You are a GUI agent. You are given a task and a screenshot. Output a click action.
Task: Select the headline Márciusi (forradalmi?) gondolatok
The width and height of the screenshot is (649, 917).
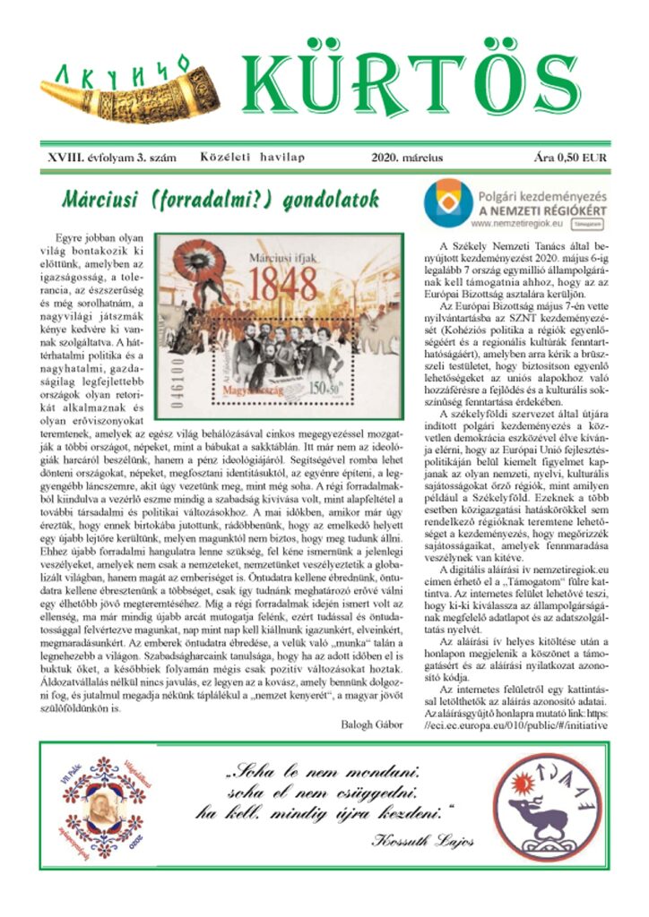(x=221, y=199)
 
